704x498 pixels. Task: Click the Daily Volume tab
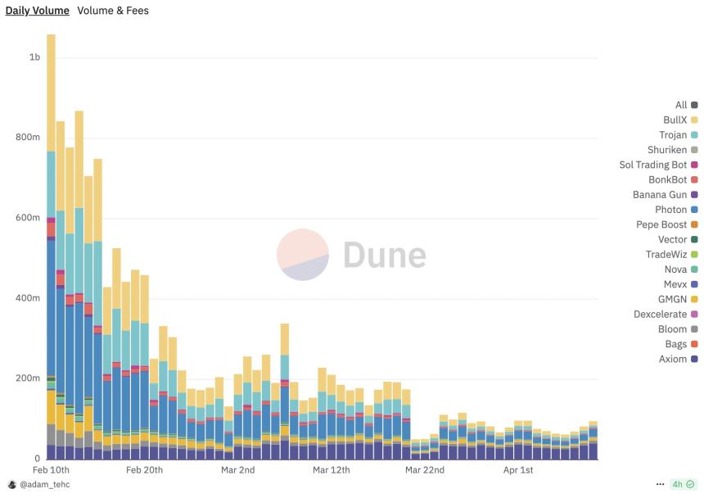pyautogui.click(x=38, y=11)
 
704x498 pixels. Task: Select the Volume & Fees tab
pyautogui.click(x=113, y=11)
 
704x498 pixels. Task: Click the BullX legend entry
pyautogui.click(x=675, y=120)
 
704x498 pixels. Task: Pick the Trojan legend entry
pyautogui.click(x=673, y=135)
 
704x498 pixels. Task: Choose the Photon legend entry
pyautogui.click(x=670, y=210)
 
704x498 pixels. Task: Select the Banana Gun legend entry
pyautogui.click(x=660, y=195)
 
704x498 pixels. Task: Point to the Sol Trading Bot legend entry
pyautogui.click(x=653, y=165)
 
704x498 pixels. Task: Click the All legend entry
pyautogui.click(x=681, y=105)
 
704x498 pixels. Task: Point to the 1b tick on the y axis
pyautogui.click(x=34, y=57)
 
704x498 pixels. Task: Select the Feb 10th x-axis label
pyautogui.click(x=51, y=470)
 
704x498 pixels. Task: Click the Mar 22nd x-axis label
pyautogui.click(x=424, y=470)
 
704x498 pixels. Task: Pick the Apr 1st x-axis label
pyautogui.click(x=518, y=470)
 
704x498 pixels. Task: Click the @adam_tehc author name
pyautogui.click(x=45, y=485)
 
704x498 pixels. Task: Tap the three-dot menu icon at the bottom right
pyautogui.click(x=660, y=485)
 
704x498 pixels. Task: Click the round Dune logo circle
pyautogui.click(x=303, y=255)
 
